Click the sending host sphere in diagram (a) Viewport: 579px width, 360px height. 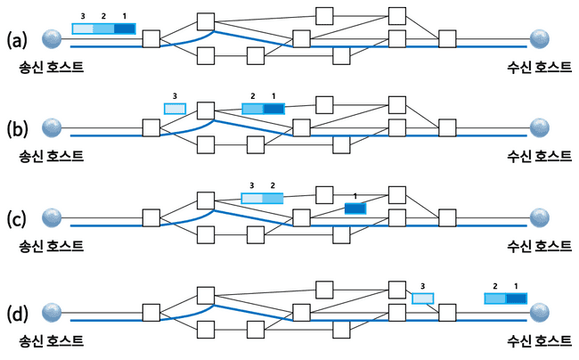pyautogui.click(x=53, y=37)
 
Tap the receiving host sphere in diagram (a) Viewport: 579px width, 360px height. pyautogui.click(x=539, y=37)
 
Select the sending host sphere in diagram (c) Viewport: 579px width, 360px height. pyautogui.click(x=53, y=217)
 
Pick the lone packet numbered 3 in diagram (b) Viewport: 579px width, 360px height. pyautogui.click(x=175, y=109)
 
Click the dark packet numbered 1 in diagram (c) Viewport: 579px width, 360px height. pyautogui.click(x=355, y=209)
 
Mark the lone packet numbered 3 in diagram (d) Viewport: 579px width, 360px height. pyautogui.click(x=422, y=299)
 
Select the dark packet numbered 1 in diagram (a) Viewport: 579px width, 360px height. pyautogui.click(x=125, y=29)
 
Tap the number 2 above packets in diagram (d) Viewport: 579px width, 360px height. pyautogui.click(x=494, y=285)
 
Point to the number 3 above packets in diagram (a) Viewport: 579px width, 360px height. pyautogui.click(x=82, y=16)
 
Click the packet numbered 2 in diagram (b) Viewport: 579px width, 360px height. pyautogui.click(x=253, y=109)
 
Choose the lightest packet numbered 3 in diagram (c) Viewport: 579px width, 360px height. pyautogui.click(x=253, y=198)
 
